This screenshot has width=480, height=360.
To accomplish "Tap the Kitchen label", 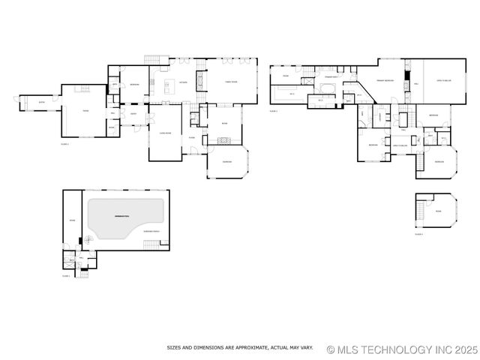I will point(182,82).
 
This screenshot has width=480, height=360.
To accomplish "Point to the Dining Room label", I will point(165,132).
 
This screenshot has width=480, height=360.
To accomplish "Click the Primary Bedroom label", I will point(385,79).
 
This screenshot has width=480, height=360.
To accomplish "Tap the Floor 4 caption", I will point(418,235).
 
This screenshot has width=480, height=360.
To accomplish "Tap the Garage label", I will point(85,111).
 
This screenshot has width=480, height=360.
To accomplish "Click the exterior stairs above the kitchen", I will point(154,59).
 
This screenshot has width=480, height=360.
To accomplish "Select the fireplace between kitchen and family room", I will point(200,79).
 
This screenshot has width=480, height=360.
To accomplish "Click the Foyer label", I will point(191,137).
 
